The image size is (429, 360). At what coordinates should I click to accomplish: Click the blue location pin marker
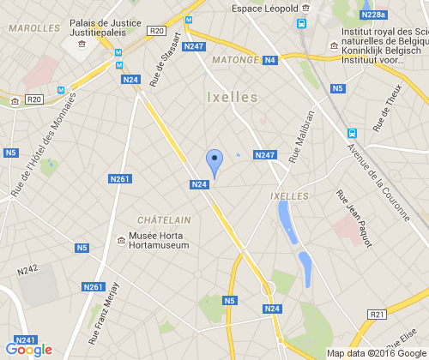click(214, 162)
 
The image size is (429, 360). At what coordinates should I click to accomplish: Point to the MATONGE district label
click(235, 60)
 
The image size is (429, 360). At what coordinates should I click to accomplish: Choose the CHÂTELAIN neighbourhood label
click(164, 220)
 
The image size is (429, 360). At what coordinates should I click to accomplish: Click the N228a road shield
click(373, 15)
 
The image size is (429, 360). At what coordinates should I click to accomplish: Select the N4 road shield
click(270, 60)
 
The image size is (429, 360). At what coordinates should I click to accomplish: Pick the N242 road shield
click(28, 269)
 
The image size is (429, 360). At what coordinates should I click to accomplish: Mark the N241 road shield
click(26, 339)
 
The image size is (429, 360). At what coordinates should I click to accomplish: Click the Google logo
click(28, 350)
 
